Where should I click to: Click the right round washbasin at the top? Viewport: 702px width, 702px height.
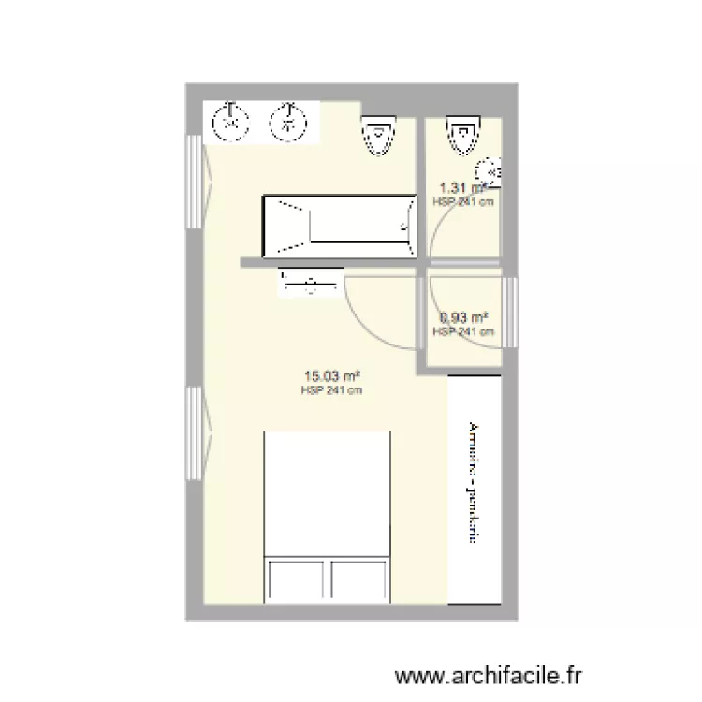click(287, 120)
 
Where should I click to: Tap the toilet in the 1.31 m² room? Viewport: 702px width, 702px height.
click(462, 137)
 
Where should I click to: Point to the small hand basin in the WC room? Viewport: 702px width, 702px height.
click(489, 171)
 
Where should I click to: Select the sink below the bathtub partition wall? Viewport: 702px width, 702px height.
click(307, 283)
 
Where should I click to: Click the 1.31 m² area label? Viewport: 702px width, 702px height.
click(461, 188)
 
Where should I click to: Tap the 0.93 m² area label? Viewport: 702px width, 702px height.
click(462, 317)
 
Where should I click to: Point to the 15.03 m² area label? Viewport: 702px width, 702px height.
click(330, 378)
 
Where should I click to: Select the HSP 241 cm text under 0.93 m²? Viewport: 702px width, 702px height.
click(462, 330)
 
